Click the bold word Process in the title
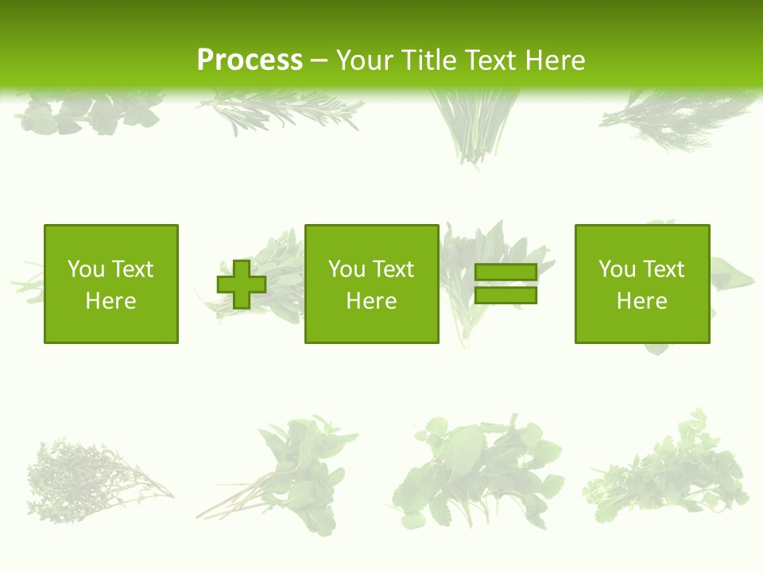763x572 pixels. [x=250, y=60]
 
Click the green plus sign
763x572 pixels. [x=242, y=284]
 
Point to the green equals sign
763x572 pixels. [x=505, y=284]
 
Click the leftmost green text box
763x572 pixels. [x=111, y=284]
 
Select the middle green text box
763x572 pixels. [x=371, y=284]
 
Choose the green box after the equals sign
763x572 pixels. [x=642, y=284]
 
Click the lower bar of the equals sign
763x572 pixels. [x=505, y=296]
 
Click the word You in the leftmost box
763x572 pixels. [x=85, y=269]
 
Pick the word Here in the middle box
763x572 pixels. [x=371, y=301]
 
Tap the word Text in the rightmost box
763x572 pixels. [x=662, y=269]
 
